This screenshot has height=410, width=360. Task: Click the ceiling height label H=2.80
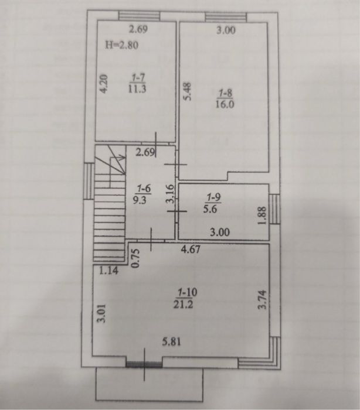pos(121,45)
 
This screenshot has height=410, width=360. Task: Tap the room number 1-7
pos(138,77)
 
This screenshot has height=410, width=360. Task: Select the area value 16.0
pos(225,104)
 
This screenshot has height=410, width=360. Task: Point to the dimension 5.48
pos(188,91)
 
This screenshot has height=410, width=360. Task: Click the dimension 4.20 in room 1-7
pos(104,84)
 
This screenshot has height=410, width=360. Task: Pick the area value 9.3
pos(140,200)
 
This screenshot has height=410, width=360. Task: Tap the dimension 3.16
pos(170,194)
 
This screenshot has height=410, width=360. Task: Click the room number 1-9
pos(213,197)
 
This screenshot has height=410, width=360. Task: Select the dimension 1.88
pos(262,216)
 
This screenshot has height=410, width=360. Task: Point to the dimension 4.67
pos(191,249)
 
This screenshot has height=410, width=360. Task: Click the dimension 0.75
pos(135,258)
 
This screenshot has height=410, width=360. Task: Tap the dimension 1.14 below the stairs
pos(108,271)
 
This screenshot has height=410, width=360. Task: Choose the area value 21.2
pos(184,304)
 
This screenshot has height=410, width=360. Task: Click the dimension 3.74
pos(262,300)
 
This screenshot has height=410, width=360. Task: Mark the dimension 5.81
pos(171,341)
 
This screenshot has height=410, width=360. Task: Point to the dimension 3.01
pos(102,313)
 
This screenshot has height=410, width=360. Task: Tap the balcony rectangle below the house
pos(150,384)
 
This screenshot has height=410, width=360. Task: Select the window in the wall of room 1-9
pos(274,209)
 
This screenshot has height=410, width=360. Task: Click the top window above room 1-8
pos(226,17)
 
